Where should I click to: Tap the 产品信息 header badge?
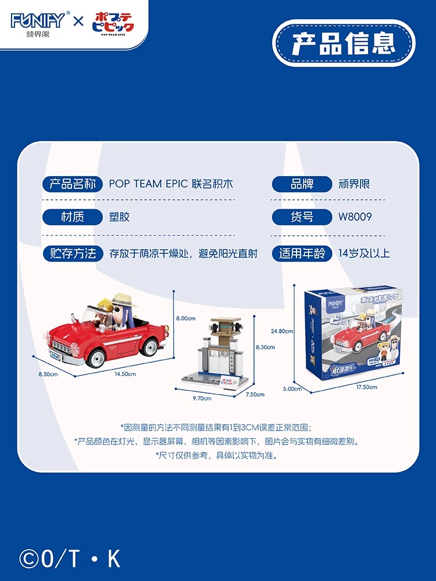[344, 44]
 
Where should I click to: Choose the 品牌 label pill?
[302, 184]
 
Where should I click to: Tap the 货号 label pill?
[302, 217]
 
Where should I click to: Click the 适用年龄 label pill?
[302, 253]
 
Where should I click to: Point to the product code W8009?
[355, 217]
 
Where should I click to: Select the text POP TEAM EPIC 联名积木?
[171, 184]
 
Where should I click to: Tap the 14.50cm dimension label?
[125, 374]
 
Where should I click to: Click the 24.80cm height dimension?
[282, 331]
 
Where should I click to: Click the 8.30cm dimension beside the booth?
[265, 347]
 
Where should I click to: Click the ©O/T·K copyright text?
[70, 558]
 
